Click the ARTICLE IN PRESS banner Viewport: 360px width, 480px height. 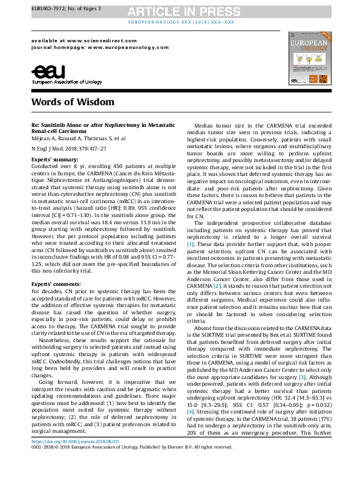179,11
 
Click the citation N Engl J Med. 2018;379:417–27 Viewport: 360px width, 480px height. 72,147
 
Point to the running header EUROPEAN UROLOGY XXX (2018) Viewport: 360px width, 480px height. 180,22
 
